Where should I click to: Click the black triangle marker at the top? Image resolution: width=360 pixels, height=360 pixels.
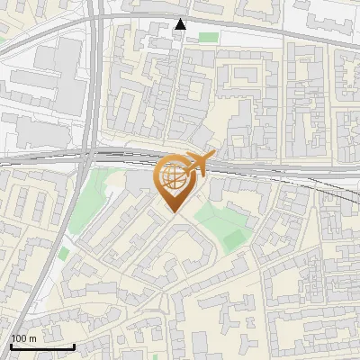[x=181, y=24]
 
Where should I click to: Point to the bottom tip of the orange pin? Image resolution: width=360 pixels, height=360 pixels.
[x=173, y=211]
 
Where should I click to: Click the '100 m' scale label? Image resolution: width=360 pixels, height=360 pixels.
[x=24, y=337]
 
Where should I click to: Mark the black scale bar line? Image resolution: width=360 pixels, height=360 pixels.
[x=41, y=346]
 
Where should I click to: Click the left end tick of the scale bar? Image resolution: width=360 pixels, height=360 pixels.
[x=10, y=345]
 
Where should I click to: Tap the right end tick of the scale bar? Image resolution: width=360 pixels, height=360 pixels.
[x=74, y=345]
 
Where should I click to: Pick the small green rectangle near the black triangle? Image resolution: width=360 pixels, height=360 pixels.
[x=209, y=37]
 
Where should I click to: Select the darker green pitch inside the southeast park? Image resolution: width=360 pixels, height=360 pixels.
[x=233, y=240]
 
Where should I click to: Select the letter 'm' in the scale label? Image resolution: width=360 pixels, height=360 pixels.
[x=34, y=337]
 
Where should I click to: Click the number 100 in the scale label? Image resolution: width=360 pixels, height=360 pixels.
[x=19, y=337]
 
